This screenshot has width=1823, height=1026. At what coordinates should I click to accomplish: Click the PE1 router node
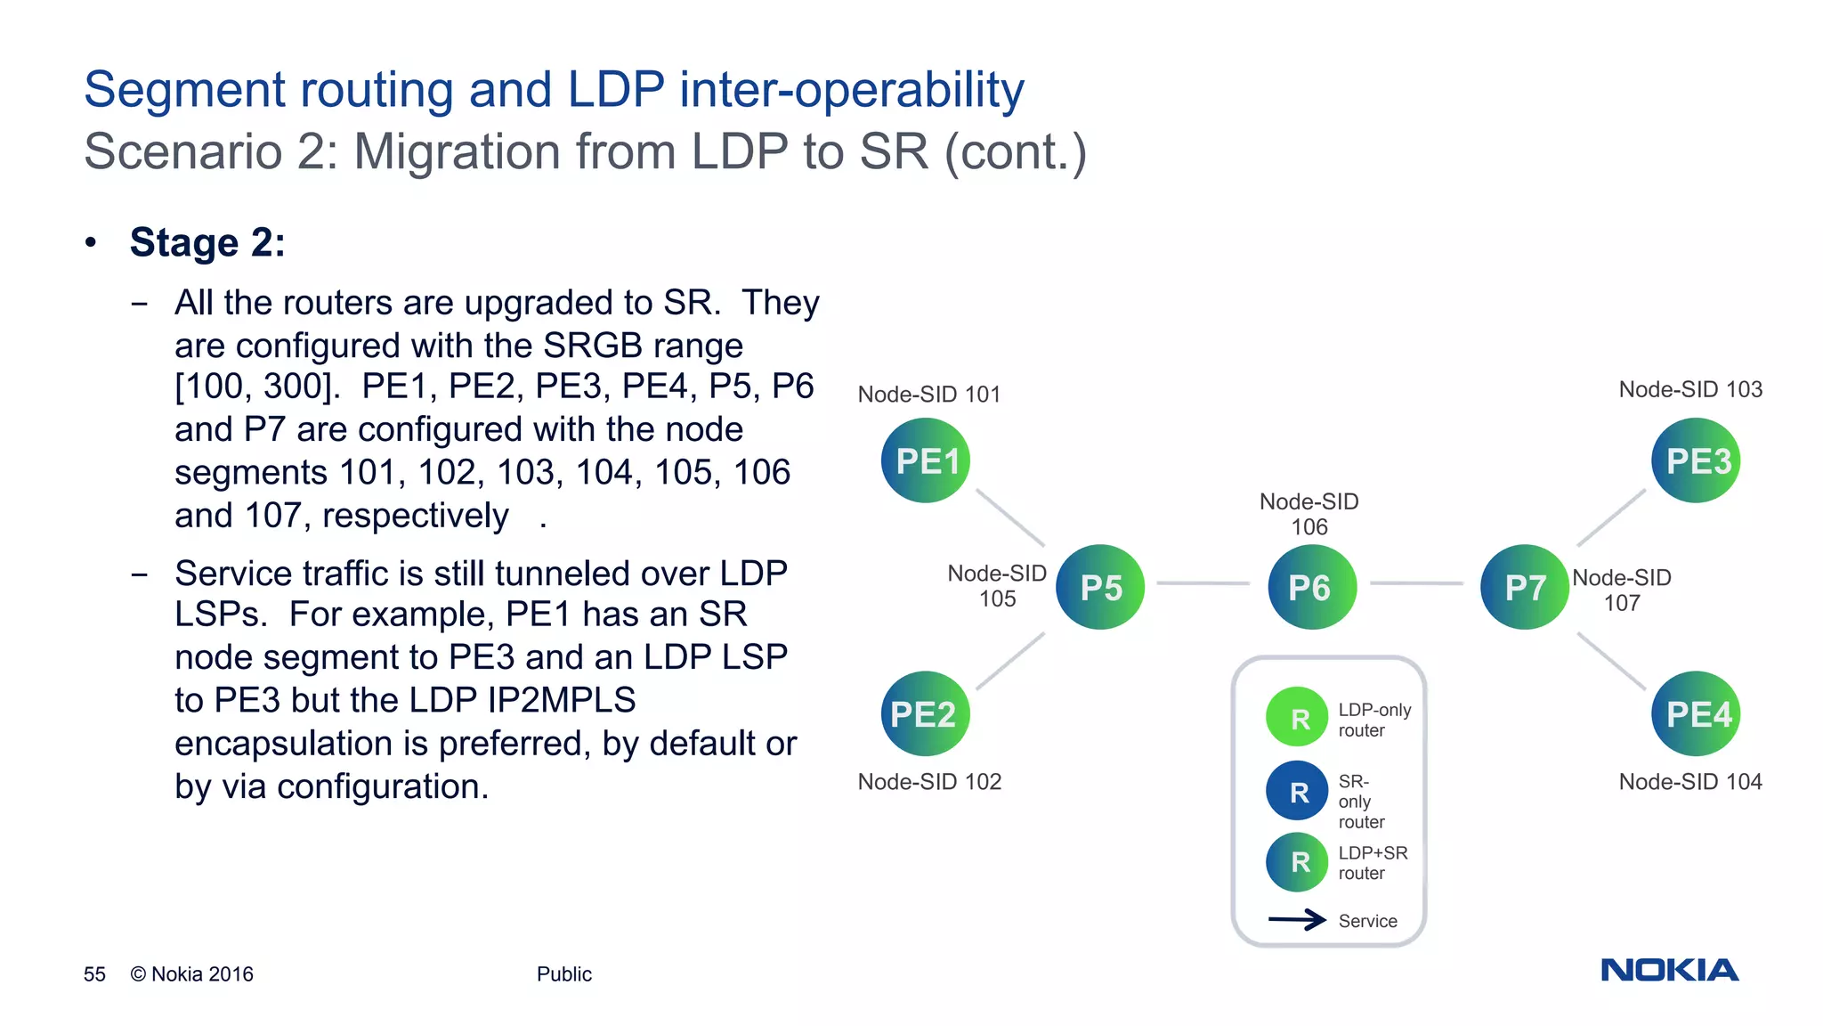point(926,460)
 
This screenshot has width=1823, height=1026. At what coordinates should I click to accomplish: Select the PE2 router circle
point(925,713)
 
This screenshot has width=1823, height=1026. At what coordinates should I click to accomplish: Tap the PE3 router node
point(1696,460)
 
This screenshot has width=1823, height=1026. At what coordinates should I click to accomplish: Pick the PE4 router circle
point(1696,713)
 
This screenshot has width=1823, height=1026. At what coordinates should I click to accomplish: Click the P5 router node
point(1100,587)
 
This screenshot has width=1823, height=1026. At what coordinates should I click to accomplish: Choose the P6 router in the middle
point(1311,587)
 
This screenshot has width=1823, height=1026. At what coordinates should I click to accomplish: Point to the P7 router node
point(1524,587)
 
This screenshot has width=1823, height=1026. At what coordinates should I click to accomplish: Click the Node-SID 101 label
point(929,395)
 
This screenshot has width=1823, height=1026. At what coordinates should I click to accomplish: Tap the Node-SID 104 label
point(1690,782)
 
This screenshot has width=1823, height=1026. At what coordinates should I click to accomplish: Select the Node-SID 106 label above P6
point(1309,514)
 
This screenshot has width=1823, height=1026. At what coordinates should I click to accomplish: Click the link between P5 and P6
point(1203,583)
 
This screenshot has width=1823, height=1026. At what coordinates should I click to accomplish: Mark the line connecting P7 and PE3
point(1611,517)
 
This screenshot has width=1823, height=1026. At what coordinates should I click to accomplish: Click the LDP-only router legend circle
point(1298,717)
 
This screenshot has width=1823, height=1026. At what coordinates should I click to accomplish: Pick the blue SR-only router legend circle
point(1298,791)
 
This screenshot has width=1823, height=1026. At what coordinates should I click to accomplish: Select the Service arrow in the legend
point(1297,920)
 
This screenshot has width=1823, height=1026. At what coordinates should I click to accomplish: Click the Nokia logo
point(1669,970)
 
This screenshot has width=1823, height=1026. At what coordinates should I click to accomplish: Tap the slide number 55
point(94,974)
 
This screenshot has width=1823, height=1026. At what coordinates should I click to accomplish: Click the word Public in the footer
point(563,974)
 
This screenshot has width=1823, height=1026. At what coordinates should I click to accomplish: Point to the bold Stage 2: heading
point(207,243)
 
